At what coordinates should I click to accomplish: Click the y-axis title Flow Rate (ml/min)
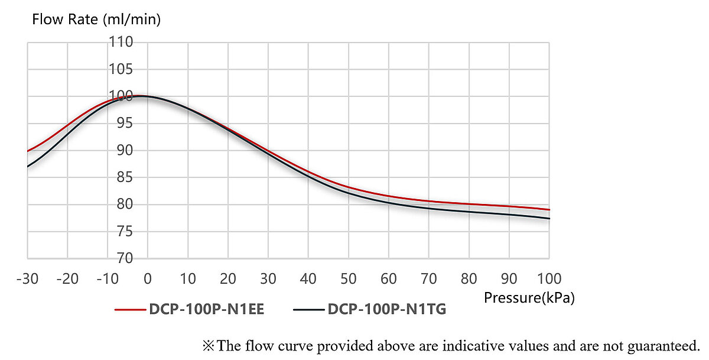96,20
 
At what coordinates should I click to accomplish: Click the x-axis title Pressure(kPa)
529,298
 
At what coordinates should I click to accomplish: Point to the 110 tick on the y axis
121,43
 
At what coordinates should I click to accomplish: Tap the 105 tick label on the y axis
121,70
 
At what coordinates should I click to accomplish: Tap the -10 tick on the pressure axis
108,278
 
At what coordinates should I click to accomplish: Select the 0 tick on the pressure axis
148,278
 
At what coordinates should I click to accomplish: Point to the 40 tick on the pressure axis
308,278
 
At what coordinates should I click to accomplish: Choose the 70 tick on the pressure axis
429,278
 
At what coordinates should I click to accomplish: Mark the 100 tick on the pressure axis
549,278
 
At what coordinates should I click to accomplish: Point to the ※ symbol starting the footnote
209,345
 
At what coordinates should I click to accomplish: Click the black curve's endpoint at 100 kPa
549,219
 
